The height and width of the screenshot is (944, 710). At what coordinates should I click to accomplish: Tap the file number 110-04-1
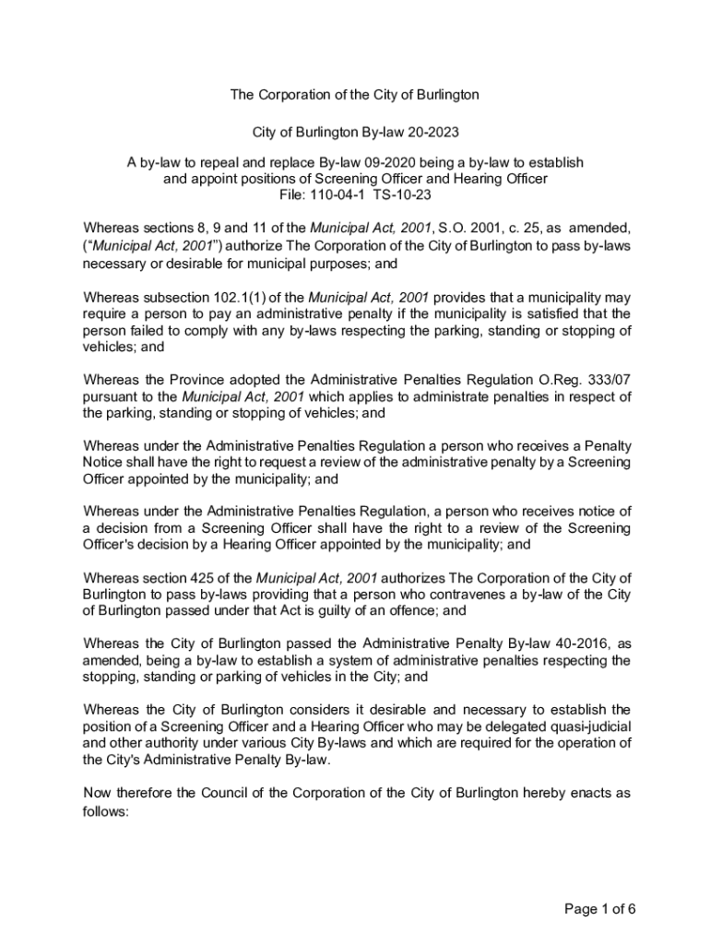point(340,195)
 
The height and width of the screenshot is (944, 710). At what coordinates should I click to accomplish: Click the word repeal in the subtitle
point(222,162)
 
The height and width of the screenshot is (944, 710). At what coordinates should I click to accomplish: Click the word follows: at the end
point(107,814)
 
